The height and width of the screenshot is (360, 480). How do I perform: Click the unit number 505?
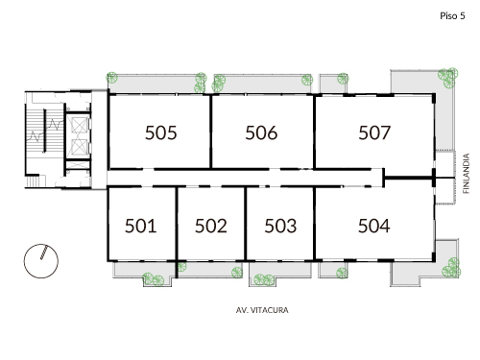161,133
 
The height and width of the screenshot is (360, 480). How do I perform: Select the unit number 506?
261,133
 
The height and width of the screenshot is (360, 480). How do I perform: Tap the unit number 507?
373,133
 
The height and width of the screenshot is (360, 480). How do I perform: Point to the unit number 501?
140,227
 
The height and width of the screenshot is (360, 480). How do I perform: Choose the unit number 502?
210,227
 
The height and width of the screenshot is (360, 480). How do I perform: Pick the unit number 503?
279,227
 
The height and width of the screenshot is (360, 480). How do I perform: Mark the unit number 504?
373,227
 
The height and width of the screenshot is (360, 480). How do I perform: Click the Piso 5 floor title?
453,16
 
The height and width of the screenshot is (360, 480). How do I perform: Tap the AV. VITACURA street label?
262,311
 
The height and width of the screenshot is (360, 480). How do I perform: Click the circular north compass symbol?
42,258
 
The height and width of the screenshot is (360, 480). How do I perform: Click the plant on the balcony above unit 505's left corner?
112,79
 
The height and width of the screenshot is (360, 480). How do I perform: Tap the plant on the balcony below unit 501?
151,278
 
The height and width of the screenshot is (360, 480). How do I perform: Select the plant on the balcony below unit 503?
262,278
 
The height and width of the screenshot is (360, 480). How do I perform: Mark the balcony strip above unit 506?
261,83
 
